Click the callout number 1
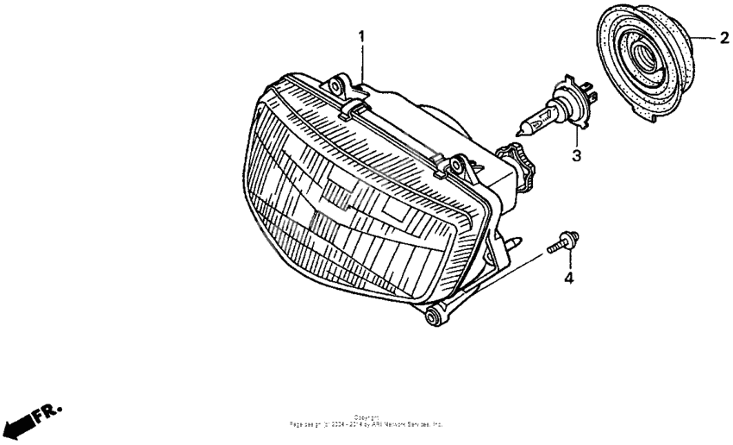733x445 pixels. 362,36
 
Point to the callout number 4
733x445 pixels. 568,278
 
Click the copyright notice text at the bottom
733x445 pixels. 366,422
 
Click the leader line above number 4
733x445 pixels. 568,261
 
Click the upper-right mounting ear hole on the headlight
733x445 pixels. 459,164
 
